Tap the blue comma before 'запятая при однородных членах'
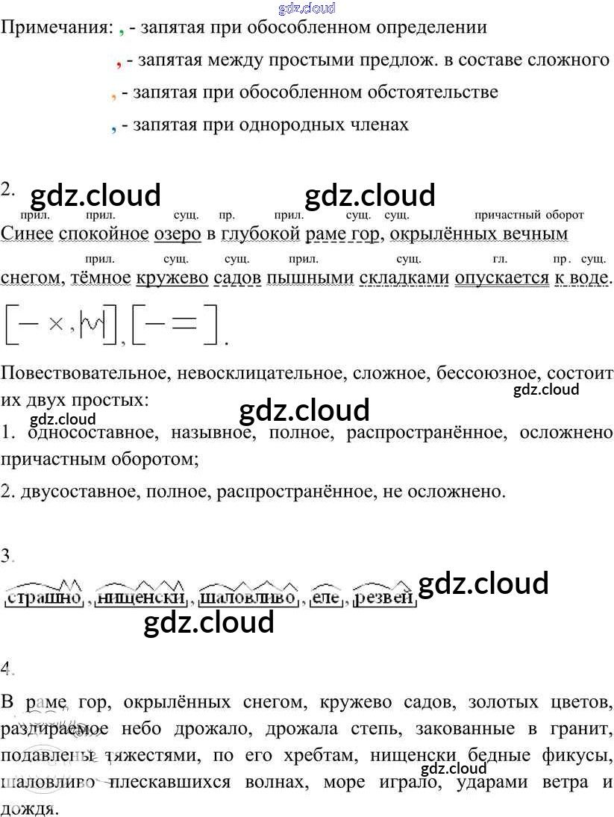click(x=113, y=128)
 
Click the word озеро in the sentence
click(x=178, y=234)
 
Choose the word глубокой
click(x=260, y=234)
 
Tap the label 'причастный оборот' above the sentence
click(x=529, y=215)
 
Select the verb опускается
click(x=498, y=278)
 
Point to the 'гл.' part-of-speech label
click(x=500, y=260)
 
